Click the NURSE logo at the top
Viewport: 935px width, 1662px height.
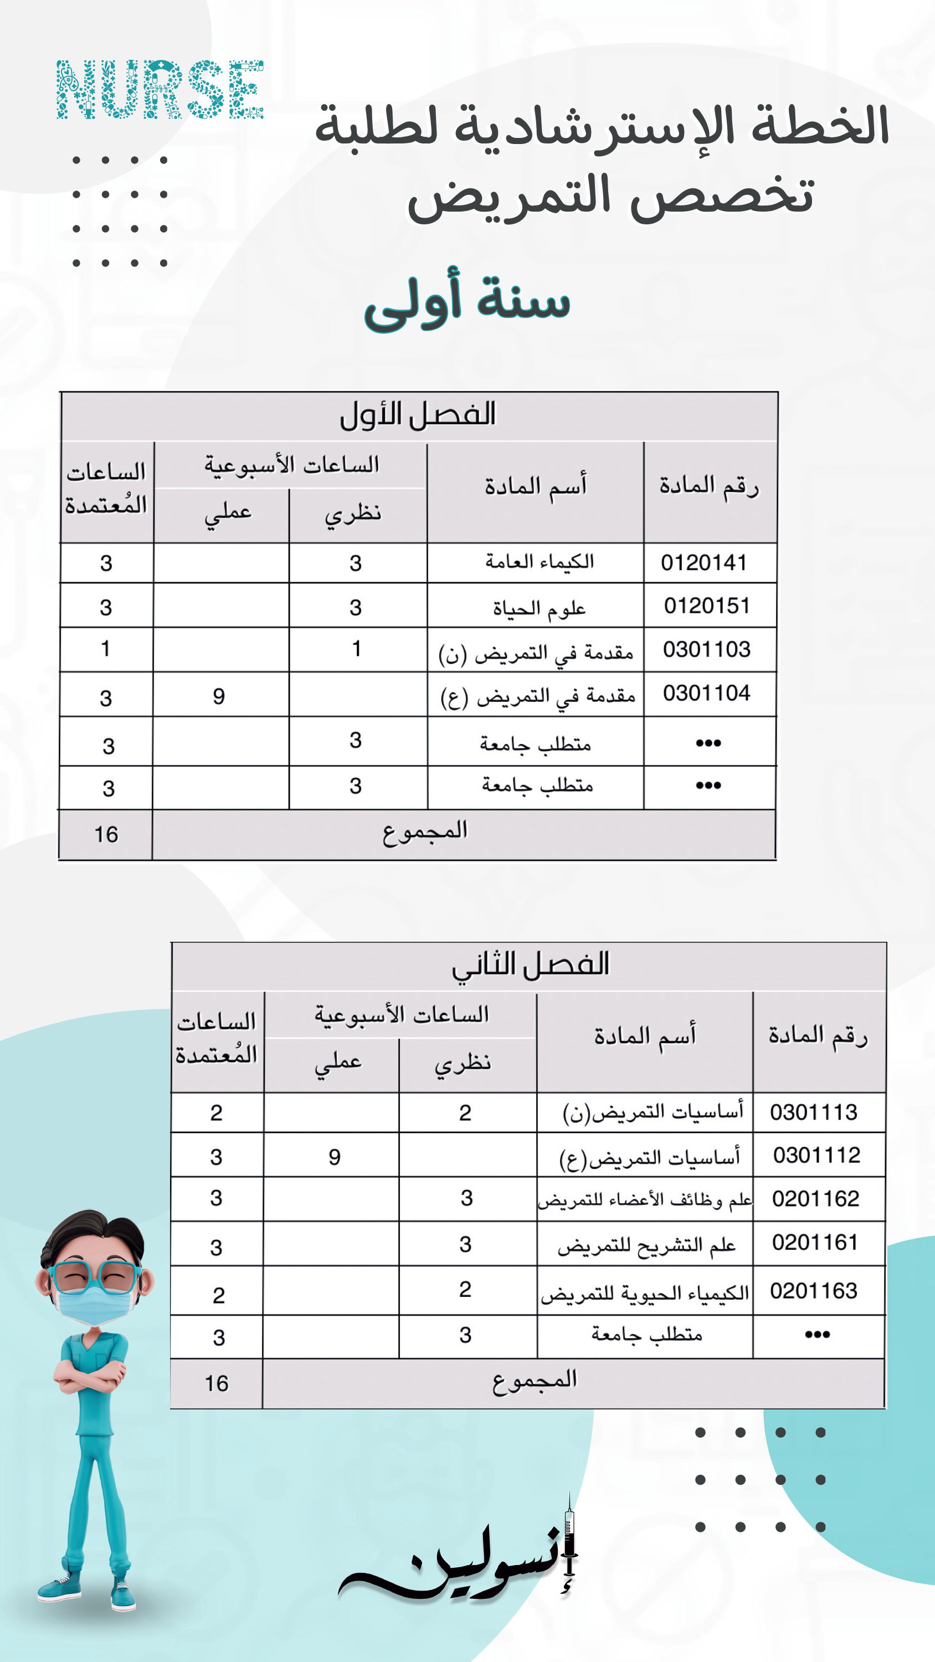click(x=160, y=90)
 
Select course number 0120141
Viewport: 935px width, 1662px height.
click(x=703, y=563)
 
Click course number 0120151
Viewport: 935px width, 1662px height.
click(x=707, y=606)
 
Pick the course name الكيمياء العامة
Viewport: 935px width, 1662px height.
click(x=540, y=562)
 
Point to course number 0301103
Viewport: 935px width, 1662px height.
click(x=707, y=649)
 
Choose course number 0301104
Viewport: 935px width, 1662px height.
click(x=707, y=694)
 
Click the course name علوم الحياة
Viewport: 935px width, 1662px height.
click(x=540, y=608)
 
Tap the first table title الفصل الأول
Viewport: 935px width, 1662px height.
click(x=418, y=415)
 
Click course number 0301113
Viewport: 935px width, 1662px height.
click(x=814, y=1112)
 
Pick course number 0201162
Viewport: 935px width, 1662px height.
click(x=815, y=1199)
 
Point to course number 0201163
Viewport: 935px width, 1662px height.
click(x=814, y=1291)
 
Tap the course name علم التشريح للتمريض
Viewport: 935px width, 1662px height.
click(x=646, y=1246)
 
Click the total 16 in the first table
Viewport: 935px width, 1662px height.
click(x=106, y=835)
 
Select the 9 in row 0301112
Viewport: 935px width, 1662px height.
click(x=334, y=1157)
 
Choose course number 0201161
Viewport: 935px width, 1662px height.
click(x=815, y=1243)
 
